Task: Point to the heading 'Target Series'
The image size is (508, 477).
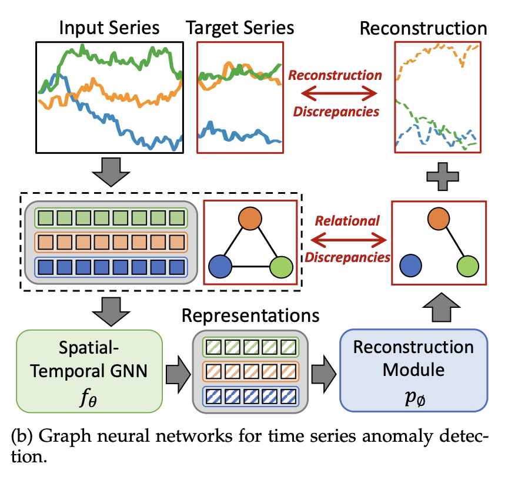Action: coord(240,28)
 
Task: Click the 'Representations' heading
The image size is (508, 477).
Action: coord(251,315)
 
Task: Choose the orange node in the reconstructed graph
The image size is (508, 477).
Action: coord(440,220)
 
